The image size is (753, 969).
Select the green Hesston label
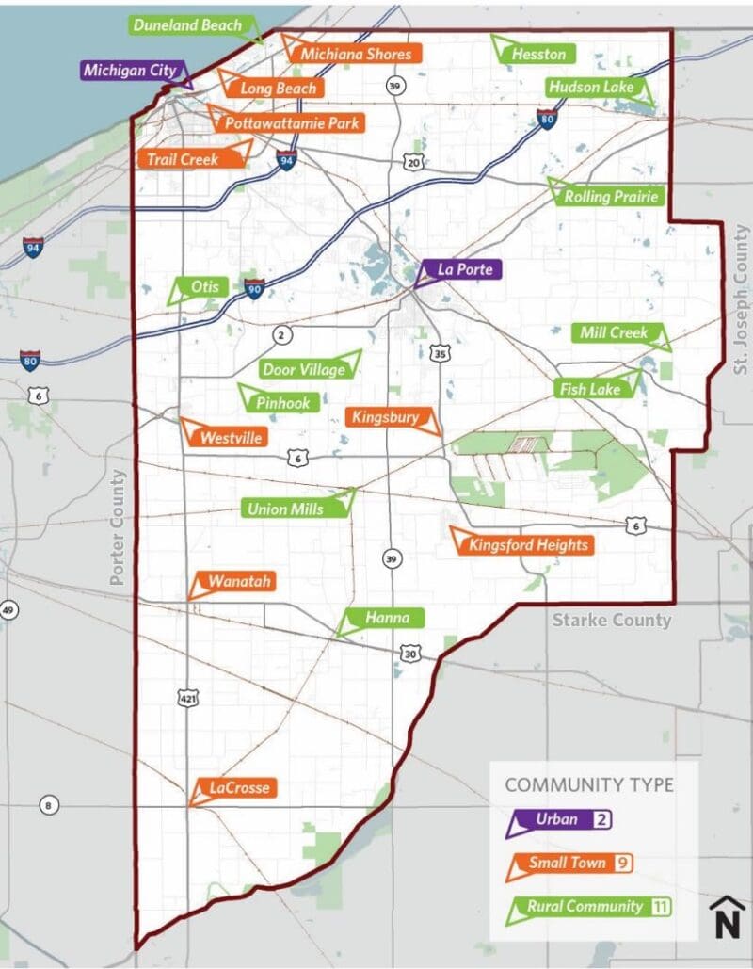coord(538,54)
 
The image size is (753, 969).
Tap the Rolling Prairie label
coord(612,197)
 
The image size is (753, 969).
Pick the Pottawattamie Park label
coord(291,123)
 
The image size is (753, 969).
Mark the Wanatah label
coord(239,582)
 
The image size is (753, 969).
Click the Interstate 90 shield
coord(253,290)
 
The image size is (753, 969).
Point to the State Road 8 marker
coord(48,805)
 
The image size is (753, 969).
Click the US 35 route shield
coord(441,353)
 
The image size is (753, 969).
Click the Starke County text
coord(612,620)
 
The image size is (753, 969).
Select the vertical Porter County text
coord(118,528)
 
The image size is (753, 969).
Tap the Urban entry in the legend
coord(557,819)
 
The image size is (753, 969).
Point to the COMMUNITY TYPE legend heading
coord(589,784)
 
